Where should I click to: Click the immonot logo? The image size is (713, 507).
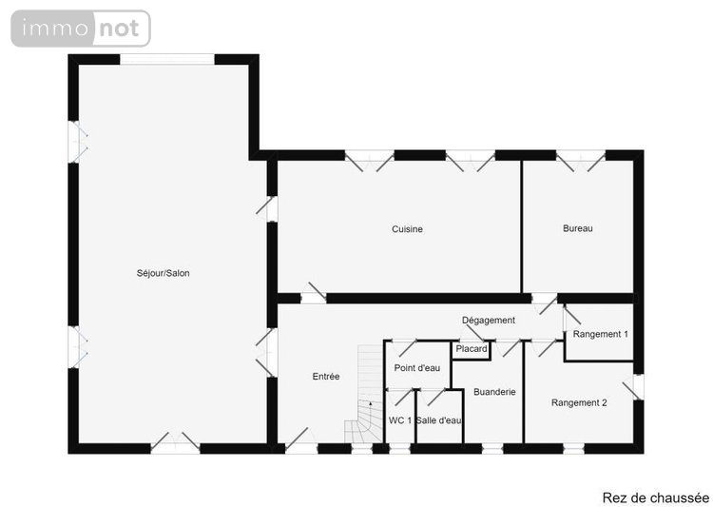(x=81, y=29)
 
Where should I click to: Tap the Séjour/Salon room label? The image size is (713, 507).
(x=164, y=273)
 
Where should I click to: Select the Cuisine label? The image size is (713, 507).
(x=407, y=229)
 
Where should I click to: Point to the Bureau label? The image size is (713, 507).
(x=577, y=228)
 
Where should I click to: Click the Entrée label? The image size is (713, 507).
(x=326, y=377)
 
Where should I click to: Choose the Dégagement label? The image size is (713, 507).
(x=489, y=321)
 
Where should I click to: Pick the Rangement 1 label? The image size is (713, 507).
(x=600, y=334)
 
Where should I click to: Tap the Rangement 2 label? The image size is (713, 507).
(x=579, y=402)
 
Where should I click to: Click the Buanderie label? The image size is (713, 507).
(x=493, y=391)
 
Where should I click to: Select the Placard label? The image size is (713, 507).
(x=472, y=349)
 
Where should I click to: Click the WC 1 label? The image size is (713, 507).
(x=400, y=420)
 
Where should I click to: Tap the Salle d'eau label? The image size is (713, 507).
(x=439, y=420)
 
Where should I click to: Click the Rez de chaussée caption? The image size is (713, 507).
(x=655, y=497)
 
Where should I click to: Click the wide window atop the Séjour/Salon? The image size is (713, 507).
(x=167, y=59)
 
